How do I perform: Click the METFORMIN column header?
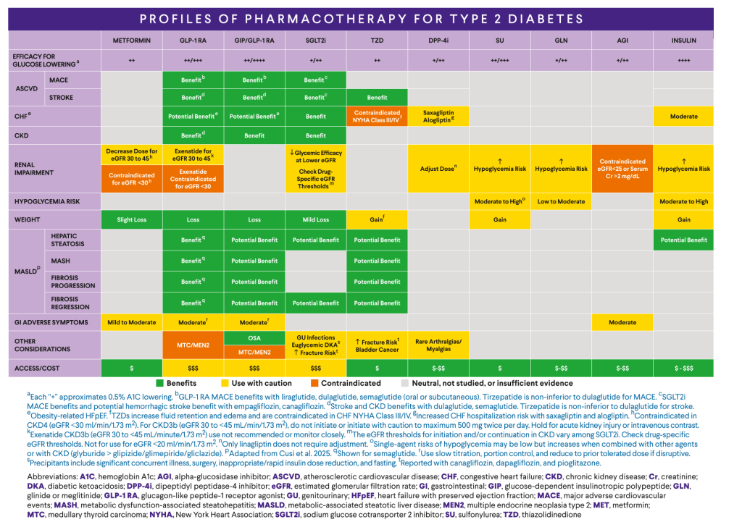click(x=131, y=40)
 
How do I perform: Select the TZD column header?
click(x=377, y=40)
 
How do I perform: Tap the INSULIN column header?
click(x=683, y=40)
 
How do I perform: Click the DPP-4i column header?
click(x=438, y=40)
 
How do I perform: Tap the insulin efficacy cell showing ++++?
click(x=683, y=61)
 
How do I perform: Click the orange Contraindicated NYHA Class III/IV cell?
click(x=377, y=116)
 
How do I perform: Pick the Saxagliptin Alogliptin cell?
click(x=438, y=116)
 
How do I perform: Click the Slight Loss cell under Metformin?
click(x=131, y=219)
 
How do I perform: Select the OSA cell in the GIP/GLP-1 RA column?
click(x=254, y=337)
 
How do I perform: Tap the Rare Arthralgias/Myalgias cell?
click(x=438, y=345)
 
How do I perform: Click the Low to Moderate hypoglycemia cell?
click(x=561, y=201)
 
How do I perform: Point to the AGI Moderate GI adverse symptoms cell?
click(x=622, y=322)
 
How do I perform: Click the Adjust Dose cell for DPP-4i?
click(x=438, y=168)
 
